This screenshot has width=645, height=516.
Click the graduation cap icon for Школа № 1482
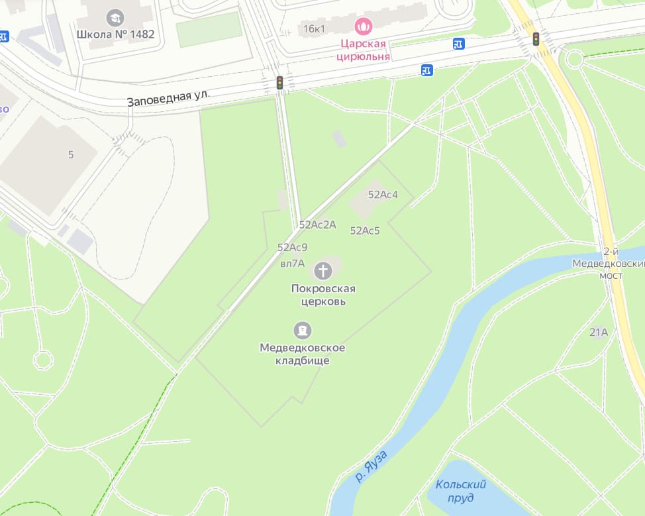[x=115, y=18]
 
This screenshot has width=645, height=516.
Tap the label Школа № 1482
[x=115, y=34]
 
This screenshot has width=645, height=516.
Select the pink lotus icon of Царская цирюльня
[x=364, y=26]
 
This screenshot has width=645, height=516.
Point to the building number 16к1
[x=315, y=29]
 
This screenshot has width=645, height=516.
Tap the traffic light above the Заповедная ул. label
[x=280, y=83]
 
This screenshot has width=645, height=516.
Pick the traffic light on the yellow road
[x=536, y=39]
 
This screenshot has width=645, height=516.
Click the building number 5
[x=71, y=155]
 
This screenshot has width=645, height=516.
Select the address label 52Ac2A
[x=317, y=225]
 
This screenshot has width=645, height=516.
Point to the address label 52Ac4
[x=383, y=195]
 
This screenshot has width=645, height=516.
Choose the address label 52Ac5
[x=365, y=231]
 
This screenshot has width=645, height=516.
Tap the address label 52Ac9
[x=292, y=247]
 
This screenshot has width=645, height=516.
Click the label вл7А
[x=292, y=263]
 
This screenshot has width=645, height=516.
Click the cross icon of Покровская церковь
[x=323, y=270]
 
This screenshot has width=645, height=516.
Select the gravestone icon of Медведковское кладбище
[x=303, y=330]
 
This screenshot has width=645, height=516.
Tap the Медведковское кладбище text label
[x=303, y=354]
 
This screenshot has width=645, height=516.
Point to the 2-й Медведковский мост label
[x=607, y=264]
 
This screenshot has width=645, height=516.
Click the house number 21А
[x=599, y=333]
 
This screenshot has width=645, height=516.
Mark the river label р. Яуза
[x=371, y=465]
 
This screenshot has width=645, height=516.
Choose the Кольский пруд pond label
[x=462, y=491]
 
